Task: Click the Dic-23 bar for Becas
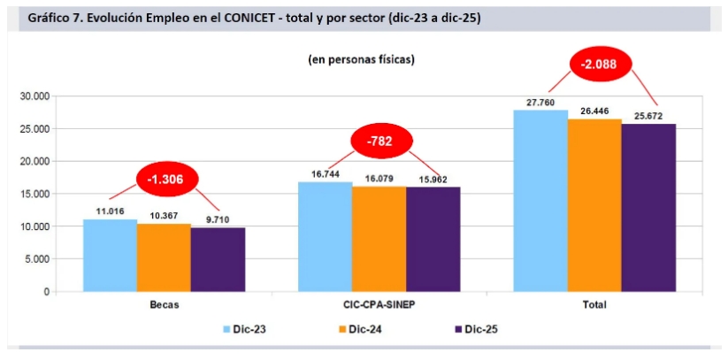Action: (x=110, y=256)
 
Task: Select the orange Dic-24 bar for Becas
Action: (x=164, y=257)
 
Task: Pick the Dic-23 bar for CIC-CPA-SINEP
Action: (x=325, y=237)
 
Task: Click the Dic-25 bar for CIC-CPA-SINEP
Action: (x=433, y=240)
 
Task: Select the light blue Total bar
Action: (x=540, y=201)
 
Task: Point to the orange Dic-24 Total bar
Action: (x=594, y=205)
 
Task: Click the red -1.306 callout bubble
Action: (x=165, y=179)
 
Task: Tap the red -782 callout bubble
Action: (x=381, y=141)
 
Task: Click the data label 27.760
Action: (x=540, y=103)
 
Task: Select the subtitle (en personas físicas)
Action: (x=362, y=59)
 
